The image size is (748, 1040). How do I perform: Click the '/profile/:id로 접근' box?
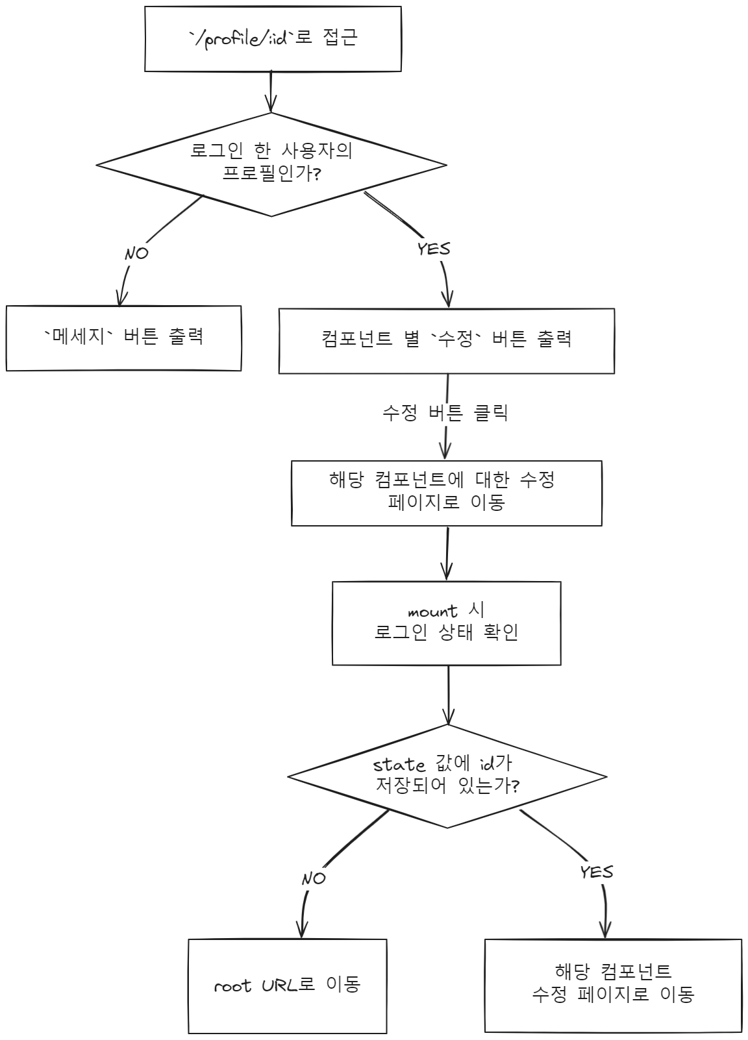tap(273, 39)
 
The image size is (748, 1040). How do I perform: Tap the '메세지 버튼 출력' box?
tap(123, 338)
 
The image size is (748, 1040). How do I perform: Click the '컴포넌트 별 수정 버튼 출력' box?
tap(447, 341)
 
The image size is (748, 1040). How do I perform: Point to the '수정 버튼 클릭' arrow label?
tap(445, 413)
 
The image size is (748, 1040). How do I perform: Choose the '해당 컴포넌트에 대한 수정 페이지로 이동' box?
tap(447, 493)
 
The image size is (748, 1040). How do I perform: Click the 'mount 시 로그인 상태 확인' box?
tap(447, 623)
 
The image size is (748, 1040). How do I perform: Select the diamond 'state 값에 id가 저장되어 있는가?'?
tap(447, 776)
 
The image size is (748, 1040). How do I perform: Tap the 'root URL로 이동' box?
tap(288, 985)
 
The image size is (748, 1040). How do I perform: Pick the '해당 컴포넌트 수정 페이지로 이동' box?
tap(613, 985)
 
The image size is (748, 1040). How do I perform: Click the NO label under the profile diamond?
tap(136, 253)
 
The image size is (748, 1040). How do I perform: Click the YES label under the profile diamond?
tap(434, 249)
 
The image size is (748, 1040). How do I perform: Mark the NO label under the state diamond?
tap(314, 879)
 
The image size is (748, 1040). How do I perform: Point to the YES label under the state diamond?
tap(597, 872)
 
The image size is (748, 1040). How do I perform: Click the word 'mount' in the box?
tap(432, 612)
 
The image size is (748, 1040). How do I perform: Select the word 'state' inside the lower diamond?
tap(399, 765)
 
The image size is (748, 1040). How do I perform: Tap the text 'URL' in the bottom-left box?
tap(279, 985)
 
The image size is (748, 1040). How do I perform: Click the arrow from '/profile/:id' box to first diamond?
tap(271, 91)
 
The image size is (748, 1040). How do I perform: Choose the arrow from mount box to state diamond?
tap(448, 695)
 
